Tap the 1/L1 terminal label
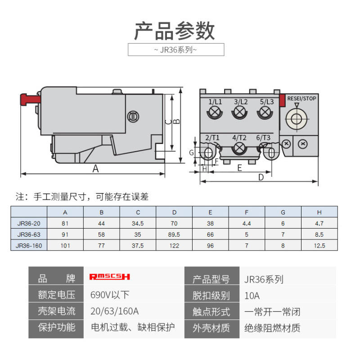click(215, 102)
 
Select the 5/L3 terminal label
click(267, 102)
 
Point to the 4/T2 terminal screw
click(239, 148)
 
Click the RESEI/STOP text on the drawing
click(301, 99)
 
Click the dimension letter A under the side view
click(95, 169)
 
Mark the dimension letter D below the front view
click(261, 177)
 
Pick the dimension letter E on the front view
click(239, 168)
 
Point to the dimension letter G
click(192, 153)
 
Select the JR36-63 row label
click(29, 234)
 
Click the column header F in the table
click(247, 212)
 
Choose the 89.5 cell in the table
click(174, 234)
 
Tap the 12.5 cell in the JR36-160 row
click(319, 246)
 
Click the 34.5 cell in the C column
click(138, 223)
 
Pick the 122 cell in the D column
click(174, 246)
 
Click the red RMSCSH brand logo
click(110, 277)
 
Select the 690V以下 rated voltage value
click(110, 295)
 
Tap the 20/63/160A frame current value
click(115, 311)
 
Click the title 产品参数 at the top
click(175, 31)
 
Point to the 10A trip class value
click(252, 296)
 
